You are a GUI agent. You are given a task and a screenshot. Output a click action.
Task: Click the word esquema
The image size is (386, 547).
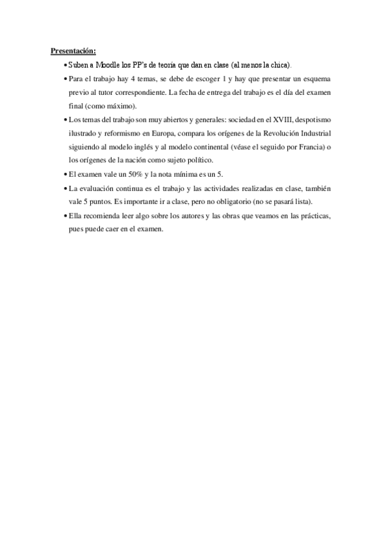(314, 79)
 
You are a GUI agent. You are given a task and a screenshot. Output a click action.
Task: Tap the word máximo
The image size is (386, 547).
(127, 106)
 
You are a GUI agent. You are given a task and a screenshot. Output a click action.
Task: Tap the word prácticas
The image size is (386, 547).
(311, 215)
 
